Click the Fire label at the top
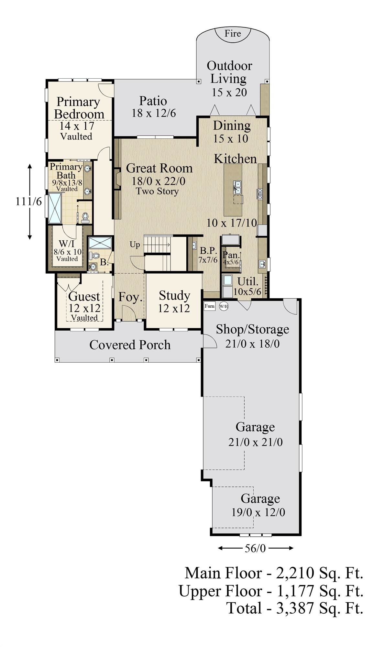[x=233, y=33]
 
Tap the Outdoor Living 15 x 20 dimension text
[x=229, y=93]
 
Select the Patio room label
[x=153, y=101]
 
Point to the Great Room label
[x=159, y=168]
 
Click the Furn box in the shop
[x=209, y=306]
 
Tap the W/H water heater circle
[x=224, y=306]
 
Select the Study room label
[x=174, y=295]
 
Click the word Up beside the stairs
[x=135, y=245]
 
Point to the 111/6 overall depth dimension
[x=29, y=202]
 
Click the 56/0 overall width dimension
[x=255, y=548]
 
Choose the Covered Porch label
[x=130, y=345]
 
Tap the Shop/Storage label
[x=253, y=329]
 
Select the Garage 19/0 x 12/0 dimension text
[x=258, y=512]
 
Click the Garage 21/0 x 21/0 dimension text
[x=256, y=442]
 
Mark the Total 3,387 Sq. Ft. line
[x=295, y=608]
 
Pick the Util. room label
[x=248, y=281]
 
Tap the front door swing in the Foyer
[x=129, y=313]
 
